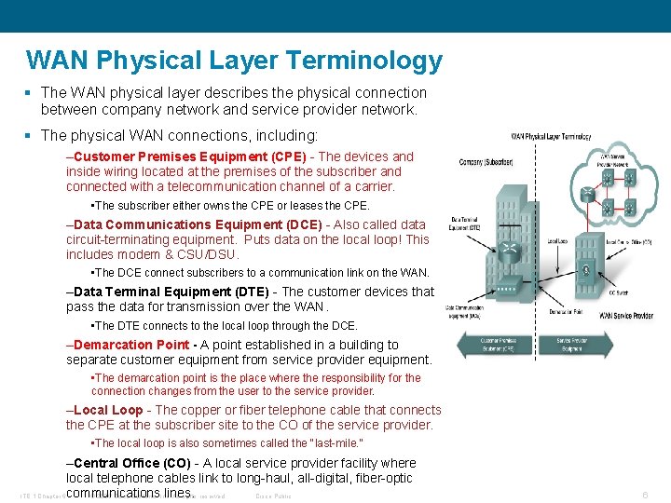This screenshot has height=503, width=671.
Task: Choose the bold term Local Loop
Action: [x=108, y=410]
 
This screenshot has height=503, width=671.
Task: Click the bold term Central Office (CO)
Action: [x=130, y=463]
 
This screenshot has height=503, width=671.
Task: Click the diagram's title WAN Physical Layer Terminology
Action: [x=550, y=136]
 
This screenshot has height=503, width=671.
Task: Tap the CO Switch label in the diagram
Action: [x=617, y=293]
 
